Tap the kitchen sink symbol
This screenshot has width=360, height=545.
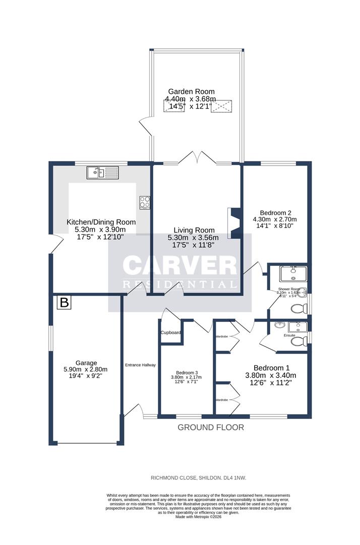click(x=102, y=173)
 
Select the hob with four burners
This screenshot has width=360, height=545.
click(x=145, y=202)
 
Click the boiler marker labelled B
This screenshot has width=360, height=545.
click(x=64, y=303)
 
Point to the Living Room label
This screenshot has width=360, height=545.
click(x=194, y=230)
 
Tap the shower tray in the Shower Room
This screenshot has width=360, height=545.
click(x=293, y=274)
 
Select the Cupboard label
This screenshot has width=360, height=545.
click(x=170, y=333)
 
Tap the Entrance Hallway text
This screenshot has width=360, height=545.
click(x=141, y=364)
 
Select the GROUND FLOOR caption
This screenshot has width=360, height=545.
click(x=211, y=427)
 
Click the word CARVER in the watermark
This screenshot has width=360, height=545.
click(x=180, y=266)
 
